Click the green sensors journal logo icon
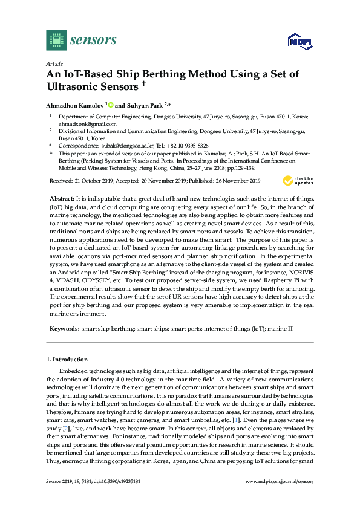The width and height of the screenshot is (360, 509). pos(56,41)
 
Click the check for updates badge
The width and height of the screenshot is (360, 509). pos(298,180)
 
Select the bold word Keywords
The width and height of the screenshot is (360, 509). pos(64,328)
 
